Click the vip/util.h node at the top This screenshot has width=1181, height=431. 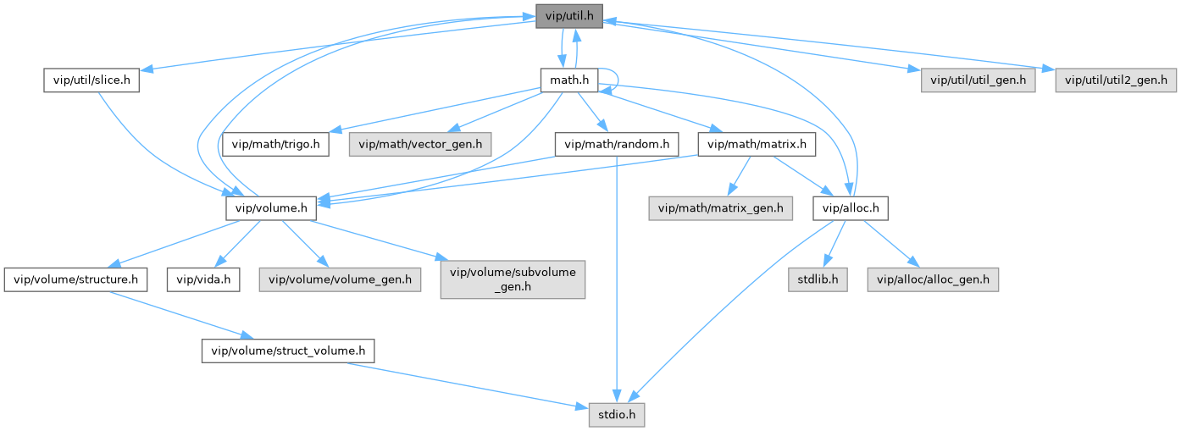pos(568,16)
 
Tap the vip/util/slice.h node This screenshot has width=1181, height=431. pos(91,80)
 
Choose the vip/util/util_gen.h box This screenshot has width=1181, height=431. pos(979,80)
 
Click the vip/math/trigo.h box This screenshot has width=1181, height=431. pos(277,144)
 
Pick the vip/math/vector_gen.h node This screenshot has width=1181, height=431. pos(420,144)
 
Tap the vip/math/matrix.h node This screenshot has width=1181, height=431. pos(756,144)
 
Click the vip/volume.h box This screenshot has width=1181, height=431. pos(271,207)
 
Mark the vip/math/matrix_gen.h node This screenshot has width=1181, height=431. pos(720,207)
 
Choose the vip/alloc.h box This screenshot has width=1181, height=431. pos(851,207)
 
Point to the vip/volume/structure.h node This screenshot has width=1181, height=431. pos(76,279)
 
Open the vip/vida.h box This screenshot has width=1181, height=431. pos(202,279)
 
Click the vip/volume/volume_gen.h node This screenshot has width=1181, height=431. pos(340,279)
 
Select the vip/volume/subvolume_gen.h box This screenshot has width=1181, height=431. pos(513,279)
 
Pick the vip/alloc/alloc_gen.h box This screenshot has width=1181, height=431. pos(933,279)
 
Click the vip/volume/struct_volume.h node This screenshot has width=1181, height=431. pos(287,350)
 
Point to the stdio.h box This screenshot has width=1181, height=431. pos(618,414)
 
